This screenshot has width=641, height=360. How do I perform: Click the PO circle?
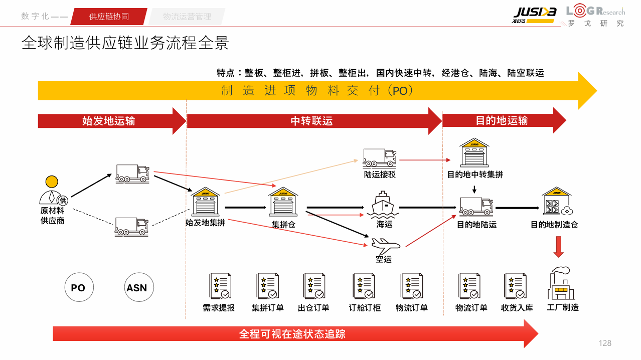point(78,288)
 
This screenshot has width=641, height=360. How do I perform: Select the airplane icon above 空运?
point(385,246)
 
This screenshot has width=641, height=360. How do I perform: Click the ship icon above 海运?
point(384,205)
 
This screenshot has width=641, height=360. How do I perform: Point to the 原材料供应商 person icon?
point(52,191)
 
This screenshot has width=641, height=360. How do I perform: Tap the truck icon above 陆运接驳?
point(380,158)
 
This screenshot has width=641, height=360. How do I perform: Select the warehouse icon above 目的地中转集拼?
point(474,152)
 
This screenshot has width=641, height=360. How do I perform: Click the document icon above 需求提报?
point(220,286)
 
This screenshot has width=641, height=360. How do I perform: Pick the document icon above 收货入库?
point(515,286)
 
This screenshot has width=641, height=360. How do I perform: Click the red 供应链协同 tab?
point(109,17)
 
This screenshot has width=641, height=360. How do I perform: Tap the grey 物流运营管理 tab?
point(187,17)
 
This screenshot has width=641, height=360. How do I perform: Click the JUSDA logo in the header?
point(534,14)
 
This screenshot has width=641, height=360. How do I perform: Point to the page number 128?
point(605,343)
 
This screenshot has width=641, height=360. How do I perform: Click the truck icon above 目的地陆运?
point(476,206)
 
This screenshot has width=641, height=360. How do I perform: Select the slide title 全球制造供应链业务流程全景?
point(125,43)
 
